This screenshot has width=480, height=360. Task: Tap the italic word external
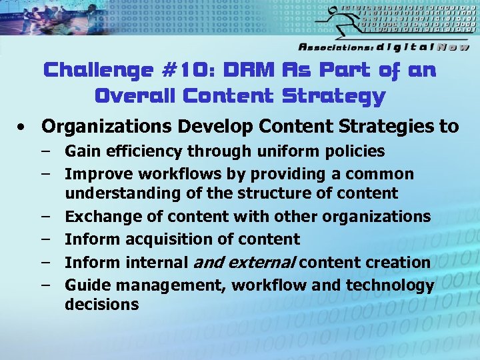coord(261,263)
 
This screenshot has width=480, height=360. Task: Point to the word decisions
coord(102,305)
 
